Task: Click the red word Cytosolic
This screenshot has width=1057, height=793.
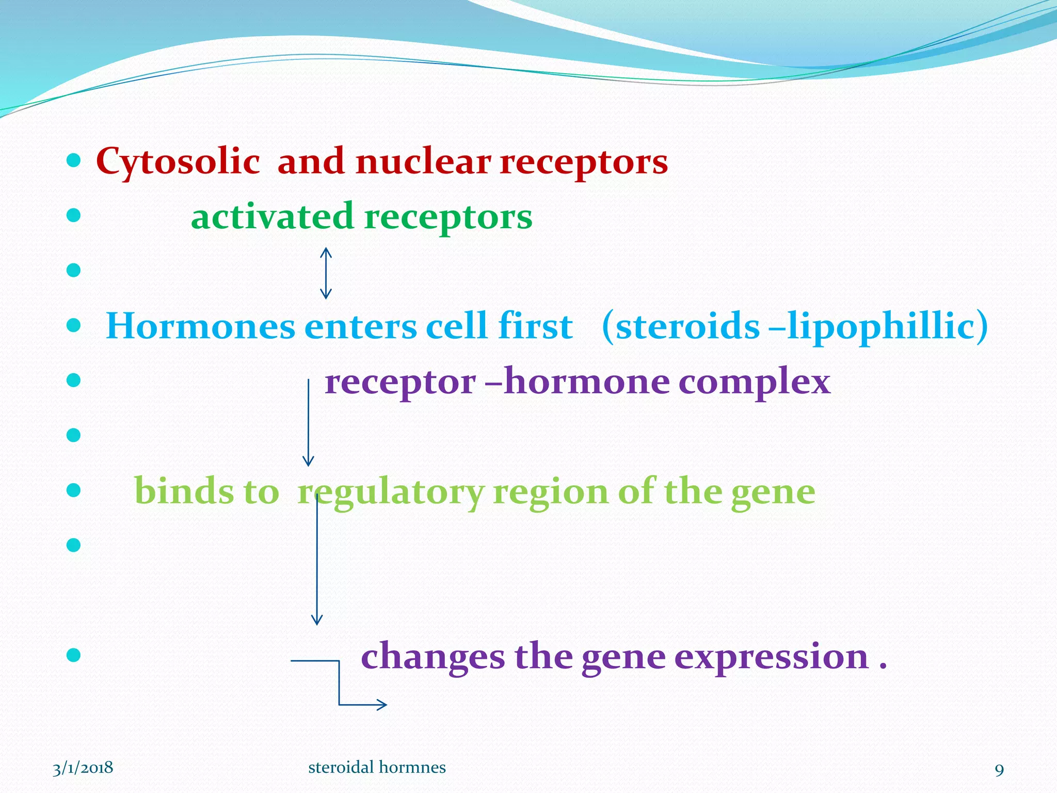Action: click(178, 162)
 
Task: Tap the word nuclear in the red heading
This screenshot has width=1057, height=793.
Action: click(423, 162)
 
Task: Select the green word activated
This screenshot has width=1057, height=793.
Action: click(272, 217)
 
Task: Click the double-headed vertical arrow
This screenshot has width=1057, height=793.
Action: click(326, 273)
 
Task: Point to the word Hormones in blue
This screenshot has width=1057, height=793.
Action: click(200, 327)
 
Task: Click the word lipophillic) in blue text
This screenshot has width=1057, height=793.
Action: click(887, 327)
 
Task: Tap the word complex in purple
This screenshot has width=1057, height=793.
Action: click(754, 383)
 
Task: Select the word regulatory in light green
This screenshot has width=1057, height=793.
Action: click(391, 492)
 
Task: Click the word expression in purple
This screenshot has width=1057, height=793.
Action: click(772, 657)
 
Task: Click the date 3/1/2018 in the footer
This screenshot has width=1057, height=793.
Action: click(83, 768)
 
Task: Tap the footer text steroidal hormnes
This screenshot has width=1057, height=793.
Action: click(377, 768)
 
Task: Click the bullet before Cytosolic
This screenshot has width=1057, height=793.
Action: click(74, 161)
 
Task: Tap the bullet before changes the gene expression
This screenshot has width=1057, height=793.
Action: click(74, 655)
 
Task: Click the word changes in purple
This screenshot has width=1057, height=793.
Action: click(433, 657)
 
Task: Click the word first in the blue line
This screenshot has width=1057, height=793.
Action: click(535, 327)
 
